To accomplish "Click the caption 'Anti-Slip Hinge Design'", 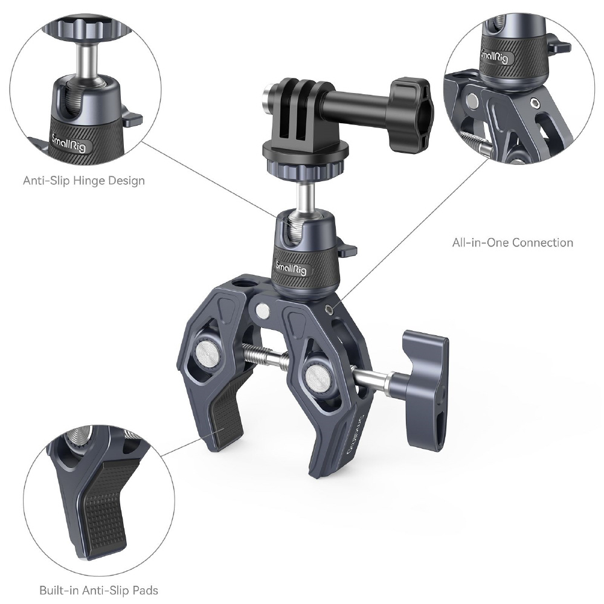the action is pyautogui.click(x=84, y=181).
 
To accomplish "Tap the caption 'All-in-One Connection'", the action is pyautogui.click(x=513, y=242).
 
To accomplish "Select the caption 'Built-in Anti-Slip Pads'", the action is pyautogui.click(x=98, y=590).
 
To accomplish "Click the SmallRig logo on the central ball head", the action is pyautogui.click(x=291, y=268).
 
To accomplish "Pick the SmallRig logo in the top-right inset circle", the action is pyautogui.click(x=494, y=56).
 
